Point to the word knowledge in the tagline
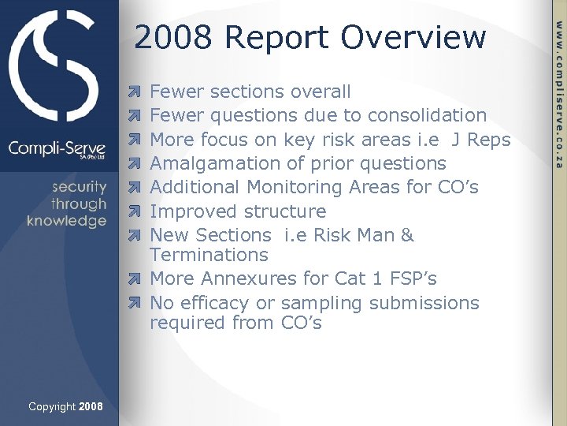[66, 221]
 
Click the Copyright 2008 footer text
[65, 406]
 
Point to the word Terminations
[209, 255]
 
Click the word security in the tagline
[80, 187]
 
